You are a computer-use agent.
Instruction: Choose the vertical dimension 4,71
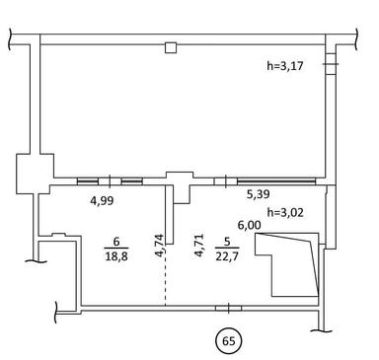point(199,244)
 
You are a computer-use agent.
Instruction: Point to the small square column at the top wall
point(171,46)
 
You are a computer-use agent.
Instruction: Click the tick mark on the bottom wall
point(228,309)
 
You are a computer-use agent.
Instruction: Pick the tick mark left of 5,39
point(227,181)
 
